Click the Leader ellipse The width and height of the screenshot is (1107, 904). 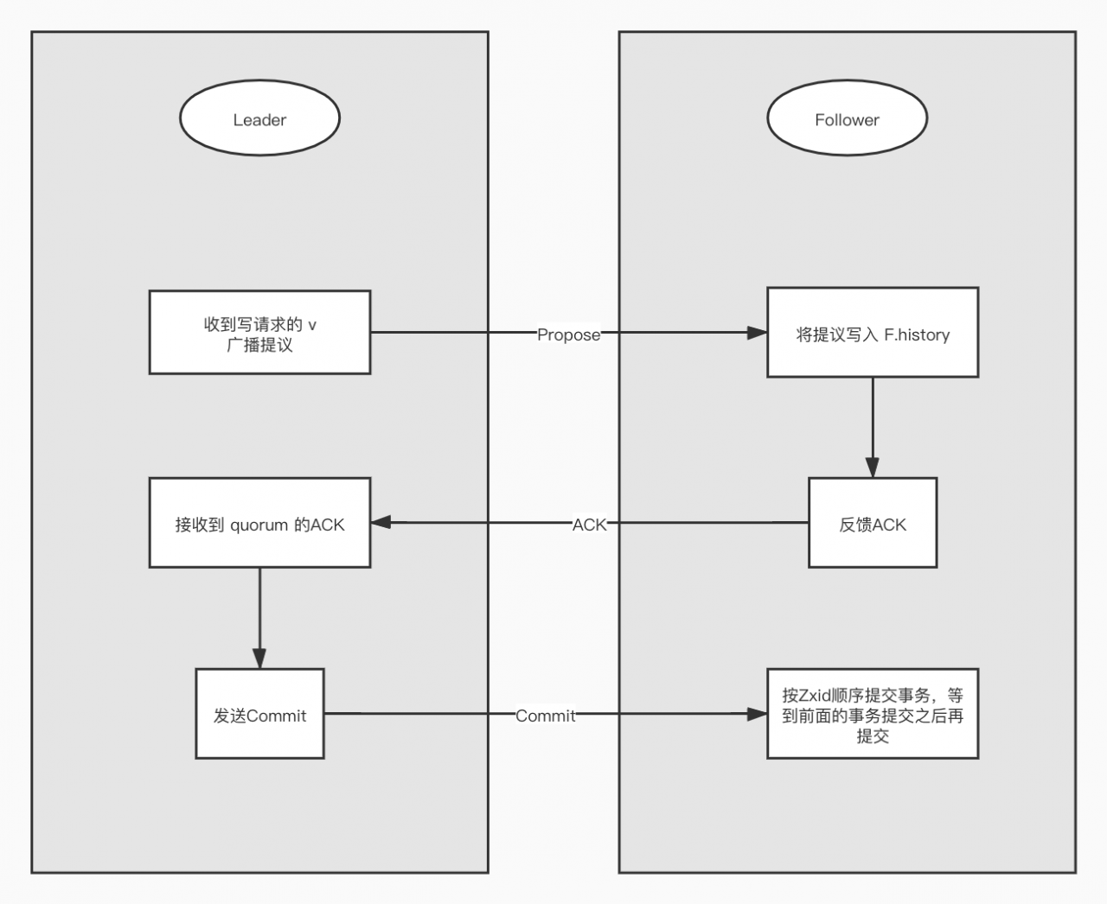(x=259, y=119)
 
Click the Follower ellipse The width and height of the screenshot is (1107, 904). (x=847, y=119)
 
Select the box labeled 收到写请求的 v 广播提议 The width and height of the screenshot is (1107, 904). (x=259, y=333)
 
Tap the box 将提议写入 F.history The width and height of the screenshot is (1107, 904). (x=872, y=333)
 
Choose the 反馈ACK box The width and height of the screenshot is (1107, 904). (x=872, y=524)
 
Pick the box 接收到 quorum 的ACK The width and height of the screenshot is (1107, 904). (x=259, y=523)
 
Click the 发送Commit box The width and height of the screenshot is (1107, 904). (x=259, y=714)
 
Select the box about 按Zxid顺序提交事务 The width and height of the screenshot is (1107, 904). (x=872, y=714)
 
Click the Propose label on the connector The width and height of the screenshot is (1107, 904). (x=568, y=334)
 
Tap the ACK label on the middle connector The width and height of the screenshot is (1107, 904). (x=589, y=525)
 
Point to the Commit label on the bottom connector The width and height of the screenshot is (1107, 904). (x=545, y=716)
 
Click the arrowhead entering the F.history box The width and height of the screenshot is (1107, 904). (x=757, y=333)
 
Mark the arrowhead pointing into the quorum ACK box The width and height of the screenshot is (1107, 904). (x=381, y=522)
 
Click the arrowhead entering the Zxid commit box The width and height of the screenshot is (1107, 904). (x=757, y=714)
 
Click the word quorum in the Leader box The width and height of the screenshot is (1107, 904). (x=259, y=525)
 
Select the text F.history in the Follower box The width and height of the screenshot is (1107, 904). (x=917, y=334)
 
